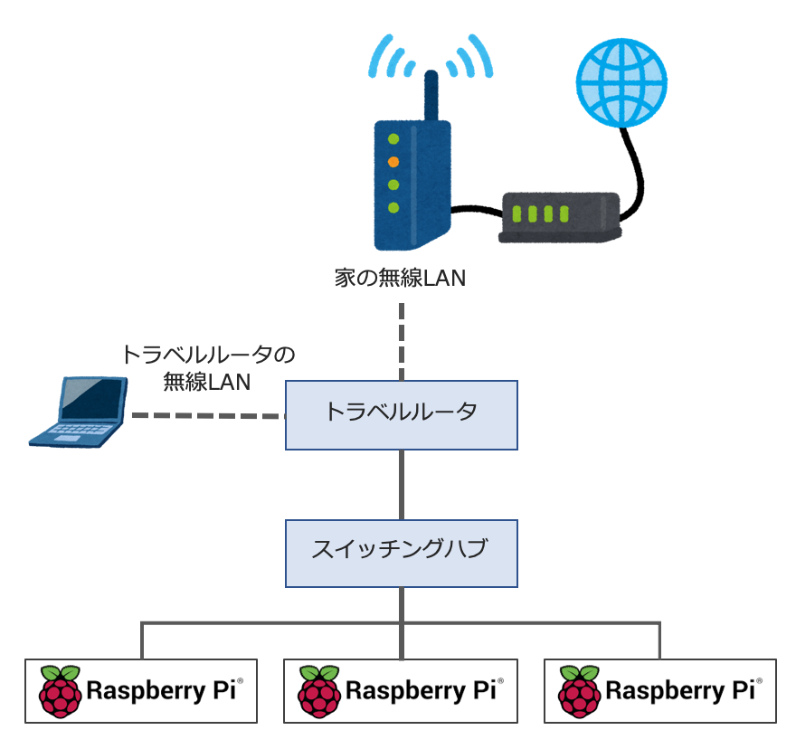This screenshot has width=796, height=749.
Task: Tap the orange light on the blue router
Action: pos(393,162)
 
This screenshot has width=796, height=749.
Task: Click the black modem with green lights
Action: pos(558,217)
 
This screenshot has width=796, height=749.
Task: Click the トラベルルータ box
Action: pos(402,414)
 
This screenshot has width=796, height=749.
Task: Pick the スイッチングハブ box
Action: pos(402,552)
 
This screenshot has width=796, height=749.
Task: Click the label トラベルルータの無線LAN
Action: pos(208,366)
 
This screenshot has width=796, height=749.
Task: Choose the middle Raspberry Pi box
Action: pos(402,690)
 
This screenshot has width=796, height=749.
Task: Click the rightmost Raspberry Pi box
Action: pos(660,690)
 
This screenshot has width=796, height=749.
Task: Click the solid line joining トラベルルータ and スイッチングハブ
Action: pos(402,484)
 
